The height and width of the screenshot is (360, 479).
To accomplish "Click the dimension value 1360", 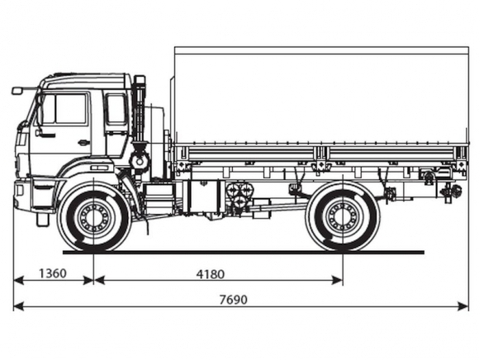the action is point(53,273).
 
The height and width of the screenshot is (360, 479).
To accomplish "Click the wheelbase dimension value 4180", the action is point(210,274).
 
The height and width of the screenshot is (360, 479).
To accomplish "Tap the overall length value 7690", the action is point(234,300).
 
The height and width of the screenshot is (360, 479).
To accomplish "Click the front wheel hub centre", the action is point(93,217).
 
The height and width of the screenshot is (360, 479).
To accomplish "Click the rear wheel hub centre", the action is point(343,217).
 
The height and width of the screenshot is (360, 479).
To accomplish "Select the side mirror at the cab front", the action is point(17,91).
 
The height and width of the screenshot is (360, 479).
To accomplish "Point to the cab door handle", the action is point(83,142).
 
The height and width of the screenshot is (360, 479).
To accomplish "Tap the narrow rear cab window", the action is point(116,109).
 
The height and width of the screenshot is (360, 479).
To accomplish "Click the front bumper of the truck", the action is point(23,195).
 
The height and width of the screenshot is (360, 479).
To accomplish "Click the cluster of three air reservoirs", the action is point(239,195).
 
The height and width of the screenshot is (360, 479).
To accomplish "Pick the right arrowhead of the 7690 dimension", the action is point(463,306).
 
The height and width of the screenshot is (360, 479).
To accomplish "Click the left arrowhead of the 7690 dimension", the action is point(18,306).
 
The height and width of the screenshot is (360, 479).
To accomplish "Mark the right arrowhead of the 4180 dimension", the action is point(337,280).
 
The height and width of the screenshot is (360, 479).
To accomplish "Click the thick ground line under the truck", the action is point(244,252).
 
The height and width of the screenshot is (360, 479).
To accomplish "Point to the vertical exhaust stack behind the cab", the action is point(140,110).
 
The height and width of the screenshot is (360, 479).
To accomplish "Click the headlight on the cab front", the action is point(22,140).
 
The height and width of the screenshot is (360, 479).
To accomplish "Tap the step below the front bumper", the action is point(43,220).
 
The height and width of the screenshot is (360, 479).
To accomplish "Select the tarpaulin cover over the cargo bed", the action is point(320,95).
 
